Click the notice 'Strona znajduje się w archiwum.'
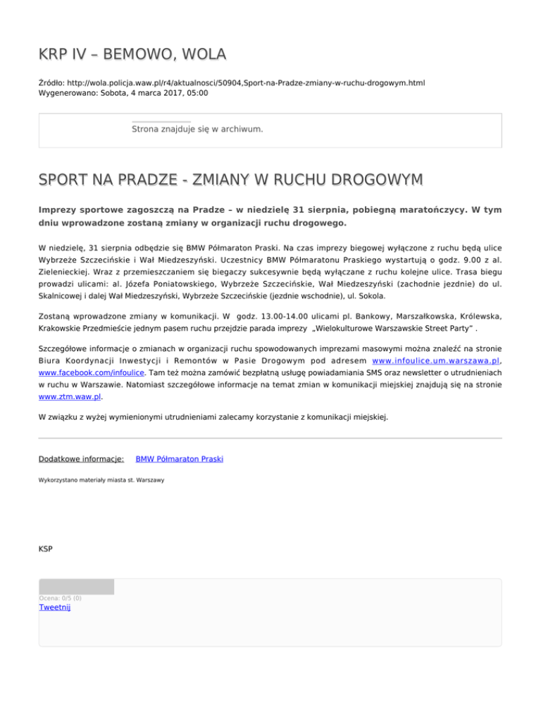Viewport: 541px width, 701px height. [197, 129]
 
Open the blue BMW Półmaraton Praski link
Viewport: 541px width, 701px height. [180, 459]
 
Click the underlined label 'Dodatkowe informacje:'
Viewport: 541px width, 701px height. [81, 459]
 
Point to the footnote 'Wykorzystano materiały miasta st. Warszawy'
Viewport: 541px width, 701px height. [101, 480]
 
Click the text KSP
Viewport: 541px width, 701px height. [46, 548]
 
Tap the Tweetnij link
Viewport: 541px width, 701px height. [55, 608]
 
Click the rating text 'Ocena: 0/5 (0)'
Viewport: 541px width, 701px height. [60, 598]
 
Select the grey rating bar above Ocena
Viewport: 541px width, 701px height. [76, 587]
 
